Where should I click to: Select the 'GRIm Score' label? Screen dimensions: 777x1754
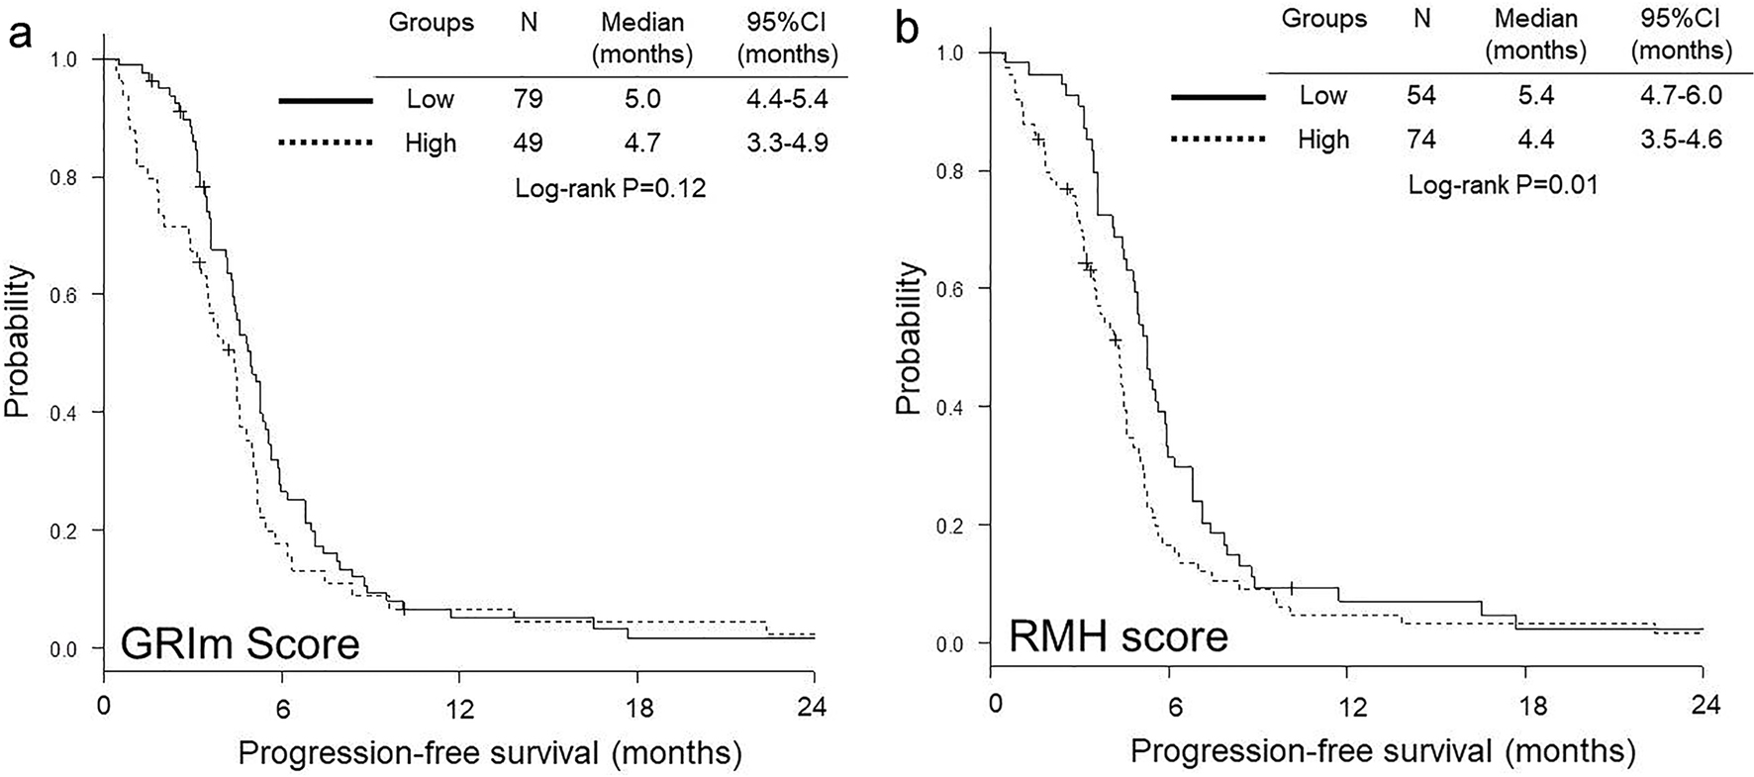click(x=240, y=645)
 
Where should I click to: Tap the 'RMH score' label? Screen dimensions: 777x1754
click(x=1119, y=635)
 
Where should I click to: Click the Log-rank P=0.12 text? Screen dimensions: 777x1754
click(x=611, y=188)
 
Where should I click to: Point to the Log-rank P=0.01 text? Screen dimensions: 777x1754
click(x=1504, y=183)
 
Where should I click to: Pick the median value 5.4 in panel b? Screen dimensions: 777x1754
click(x=1536, y=95)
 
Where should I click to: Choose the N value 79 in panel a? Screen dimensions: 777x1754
click(x=528, y=99)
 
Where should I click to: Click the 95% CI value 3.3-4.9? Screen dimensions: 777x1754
click(x=787, y=143)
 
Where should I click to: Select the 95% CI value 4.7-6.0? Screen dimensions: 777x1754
click(x=1681, y=95)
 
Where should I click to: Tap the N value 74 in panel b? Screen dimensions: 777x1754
click(x=1421, y=140)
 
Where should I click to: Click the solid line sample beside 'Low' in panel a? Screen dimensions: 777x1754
click(x=326, y=100)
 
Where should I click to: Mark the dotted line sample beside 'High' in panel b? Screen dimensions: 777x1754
click(x=1218, y=140)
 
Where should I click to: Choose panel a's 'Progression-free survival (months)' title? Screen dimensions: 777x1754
click(x=489, y=753)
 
